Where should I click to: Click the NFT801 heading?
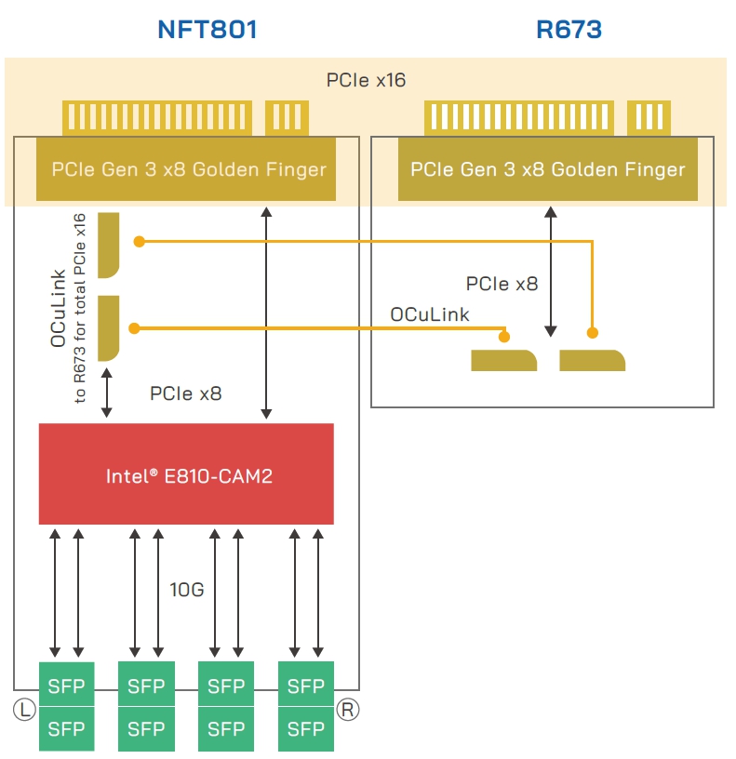coord(207,30)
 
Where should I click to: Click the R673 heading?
coord(569,30)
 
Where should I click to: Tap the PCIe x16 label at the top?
coord(366,81)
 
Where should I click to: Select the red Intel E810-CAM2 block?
coord(186,474)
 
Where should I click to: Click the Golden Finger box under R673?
coord(547,169)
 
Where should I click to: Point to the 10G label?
coord(186,590)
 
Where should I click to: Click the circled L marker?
coord(24,710)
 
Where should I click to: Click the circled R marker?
coord(348,710)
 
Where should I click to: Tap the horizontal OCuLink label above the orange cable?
coord(430,314)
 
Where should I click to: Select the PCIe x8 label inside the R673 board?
coord(502,284)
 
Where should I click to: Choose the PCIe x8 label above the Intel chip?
coord(186,393)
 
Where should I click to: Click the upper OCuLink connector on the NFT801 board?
coord(109,245)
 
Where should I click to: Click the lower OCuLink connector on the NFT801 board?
coord(109,328)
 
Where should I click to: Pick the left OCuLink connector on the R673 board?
coord(503,360)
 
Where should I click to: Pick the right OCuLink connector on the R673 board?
coord(592,360)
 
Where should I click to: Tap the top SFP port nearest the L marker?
coord(66,686)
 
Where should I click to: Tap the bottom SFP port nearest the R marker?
coord(306,729)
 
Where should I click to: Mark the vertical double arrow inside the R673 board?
coord(551,273)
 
